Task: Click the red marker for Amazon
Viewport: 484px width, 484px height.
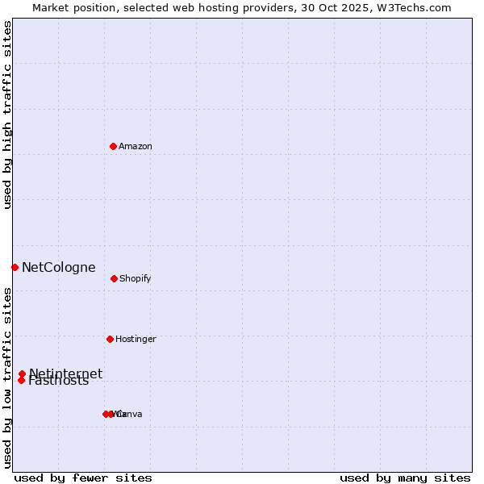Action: [114, 146]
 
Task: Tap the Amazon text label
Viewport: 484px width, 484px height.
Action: [135, 146]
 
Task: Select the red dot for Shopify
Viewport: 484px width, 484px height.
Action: [114, 278]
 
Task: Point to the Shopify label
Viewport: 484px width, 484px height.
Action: [135, 278]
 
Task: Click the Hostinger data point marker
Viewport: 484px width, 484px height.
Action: [110, 339]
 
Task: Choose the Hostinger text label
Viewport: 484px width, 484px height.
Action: [136, 339]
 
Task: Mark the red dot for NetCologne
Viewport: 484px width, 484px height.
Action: [15, 267]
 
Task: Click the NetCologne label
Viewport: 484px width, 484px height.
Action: [58, 267]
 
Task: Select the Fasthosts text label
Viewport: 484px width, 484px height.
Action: [59, 382]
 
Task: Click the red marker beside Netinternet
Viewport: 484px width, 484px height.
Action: [22, 373]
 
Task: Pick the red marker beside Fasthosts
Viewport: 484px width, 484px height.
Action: [21, 380]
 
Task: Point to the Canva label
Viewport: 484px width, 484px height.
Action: [131, 414]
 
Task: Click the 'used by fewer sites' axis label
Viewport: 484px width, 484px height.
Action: [83, 478]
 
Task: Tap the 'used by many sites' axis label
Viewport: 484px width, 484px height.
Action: [405, 478]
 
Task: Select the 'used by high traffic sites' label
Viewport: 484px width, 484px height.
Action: [8, 115]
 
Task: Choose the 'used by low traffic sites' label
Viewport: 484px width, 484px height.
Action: [8, 377]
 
